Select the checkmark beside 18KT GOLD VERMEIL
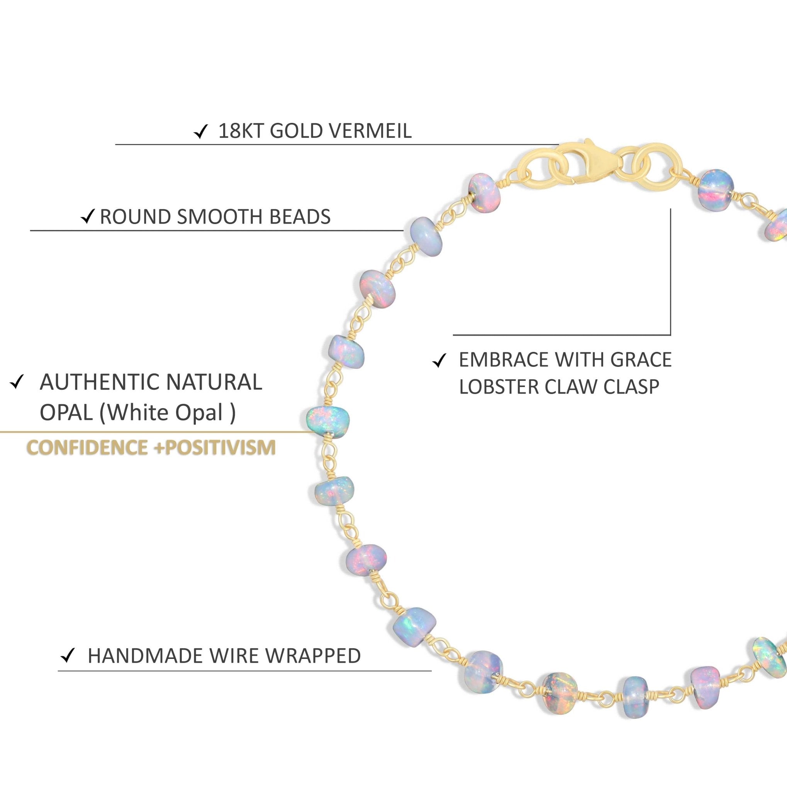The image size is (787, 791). click(x=200, y=132)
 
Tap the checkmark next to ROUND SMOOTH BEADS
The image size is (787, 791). click(x=88, y=217)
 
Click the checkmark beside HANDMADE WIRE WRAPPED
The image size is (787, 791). click(x=68, y=656)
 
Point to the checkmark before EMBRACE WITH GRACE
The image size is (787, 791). click(x=439, y=361)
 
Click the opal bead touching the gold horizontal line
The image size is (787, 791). click(x=328, y=423)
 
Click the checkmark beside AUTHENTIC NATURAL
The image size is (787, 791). click(x=17, y=382)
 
